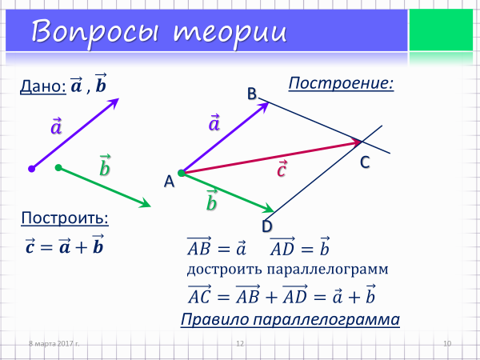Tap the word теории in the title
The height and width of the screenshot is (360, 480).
pyautogui.click(x=230, y=33)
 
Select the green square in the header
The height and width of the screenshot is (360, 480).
pyautogui.click(x=441, y=30)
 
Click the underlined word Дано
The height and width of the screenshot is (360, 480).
pyautogui.click(x=43, y=86)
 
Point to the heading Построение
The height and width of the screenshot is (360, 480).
pyautogui.click(x=341, y=83)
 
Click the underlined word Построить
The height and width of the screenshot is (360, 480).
pyautogui.click(x=65, y=218)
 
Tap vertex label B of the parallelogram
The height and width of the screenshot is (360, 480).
pyautogui.click(x=252, y=94)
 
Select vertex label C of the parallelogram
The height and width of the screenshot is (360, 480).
pyautogui.click(x=365, y=162)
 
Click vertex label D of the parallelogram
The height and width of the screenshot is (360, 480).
pyautogui.click(x=267, y=226)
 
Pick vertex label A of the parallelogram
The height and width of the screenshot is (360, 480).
pyautogui.click(x=169, y=182)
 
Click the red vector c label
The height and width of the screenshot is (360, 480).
pyautogui.click(x=282, y=169)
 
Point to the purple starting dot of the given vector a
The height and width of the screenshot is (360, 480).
pyautogui.click(x=31, y=169)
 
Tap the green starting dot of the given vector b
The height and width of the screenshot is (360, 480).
pyautogui.click(x=58, y=167)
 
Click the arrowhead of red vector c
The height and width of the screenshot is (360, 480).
pyautogui.click(x=358, y=142)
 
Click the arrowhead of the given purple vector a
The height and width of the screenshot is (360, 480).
pyautogui.click(x=114, y=102)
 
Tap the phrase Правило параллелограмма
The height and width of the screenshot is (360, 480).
pyautogui.click(x=290, y=319)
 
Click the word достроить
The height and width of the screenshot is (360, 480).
pyautogui.click(x=225, y=270)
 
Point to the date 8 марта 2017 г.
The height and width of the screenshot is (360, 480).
pyautogui.click(x=54, y=343)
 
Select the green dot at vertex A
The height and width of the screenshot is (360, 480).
pyautogui.click(x=182, y=173)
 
